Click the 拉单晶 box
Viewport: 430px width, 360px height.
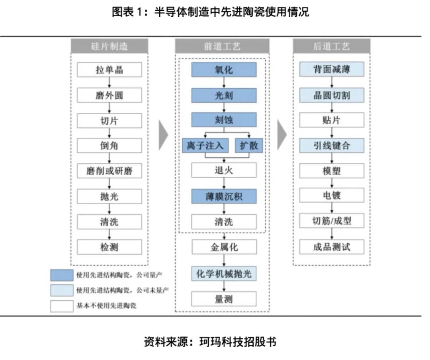click(109, 70)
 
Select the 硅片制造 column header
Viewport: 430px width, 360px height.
click(109, 46)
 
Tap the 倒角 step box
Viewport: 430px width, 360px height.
click(109, 146)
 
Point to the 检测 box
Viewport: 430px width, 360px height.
click(109, 247)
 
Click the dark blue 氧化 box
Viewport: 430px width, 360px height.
click(224, 70)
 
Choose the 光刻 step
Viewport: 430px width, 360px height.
click(224, 96)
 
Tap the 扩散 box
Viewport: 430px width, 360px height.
click(249, 145)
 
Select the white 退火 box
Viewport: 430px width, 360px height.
click(224, 170)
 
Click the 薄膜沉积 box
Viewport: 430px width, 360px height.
click(224, 196)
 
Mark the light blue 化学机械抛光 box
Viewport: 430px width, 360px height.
click(224, 274)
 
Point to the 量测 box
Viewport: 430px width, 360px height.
click(224, 299)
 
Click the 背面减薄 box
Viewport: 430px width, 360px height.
click(332, 70)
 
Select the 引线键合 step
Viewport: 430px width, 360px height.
click(332, 146)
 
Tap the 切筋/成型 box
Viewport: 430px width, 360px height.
click(332, 221)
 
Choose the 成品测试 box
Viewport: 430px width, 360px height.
click(332, 247)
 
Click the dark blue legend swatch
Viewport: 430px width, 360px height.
click(62, 275)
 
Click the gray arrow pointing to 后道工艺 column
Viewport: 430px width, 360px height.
click(282, 134)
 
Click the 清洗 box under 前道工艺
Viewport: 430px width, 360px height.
click(224, 222)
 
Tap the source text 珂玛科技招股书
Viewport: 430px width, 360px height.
click(238, 342)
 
